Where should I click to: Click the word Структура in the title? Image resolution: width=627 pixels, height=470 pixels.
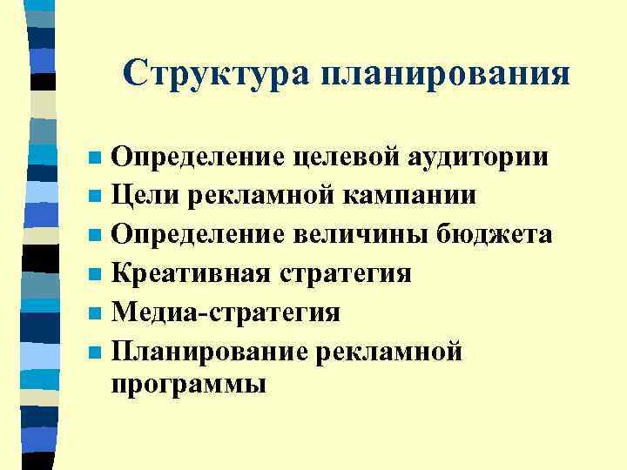click(x=217, y=73)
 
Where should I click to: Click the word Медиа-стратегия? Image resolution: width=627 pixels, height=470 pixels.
click(x=226, y=312)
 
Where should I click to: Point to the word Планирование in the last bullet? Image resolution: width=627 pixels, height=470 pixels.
click(x=208, y=352)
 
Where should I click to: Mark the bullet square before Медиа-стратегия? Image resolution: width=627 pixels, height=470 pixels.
click(x=95, y=314)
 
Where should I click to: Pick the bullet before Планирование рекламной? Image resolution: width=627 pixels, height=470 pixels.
click(x=95, y=353)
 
